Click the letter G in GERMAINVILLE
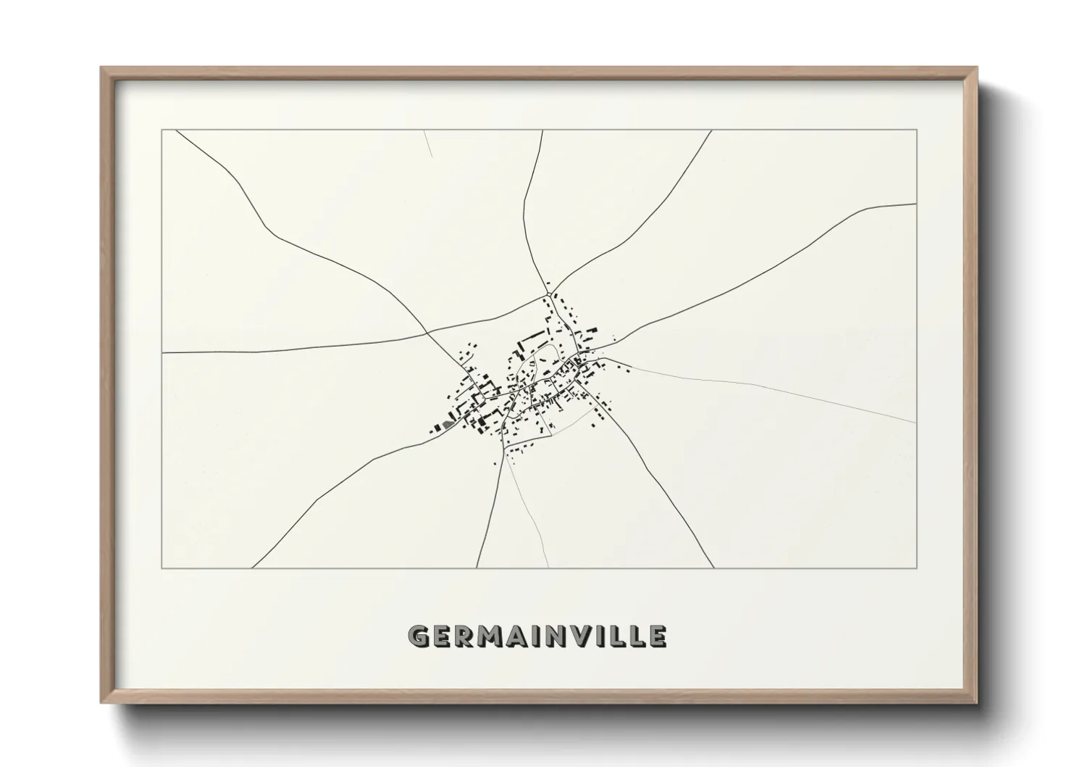tap(419, 636)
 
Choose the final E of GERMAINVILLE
tap(658, 636)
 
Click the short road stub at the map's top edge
tap(428, 144)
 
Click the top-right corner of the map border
tap(917, 130)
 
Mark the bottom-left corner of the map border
tap(162, 568)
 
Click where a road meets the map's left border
tap(162, 353)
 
